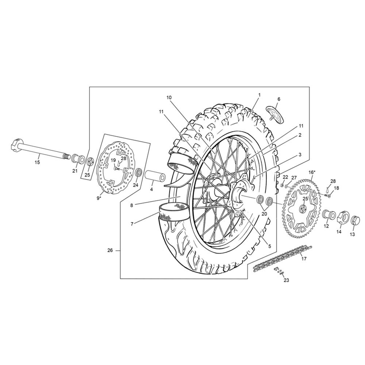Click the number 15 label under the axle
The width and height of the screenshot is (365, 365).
(x=37, y=162)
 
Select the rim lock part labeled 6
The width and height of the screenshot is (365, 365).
(x=275, y=115)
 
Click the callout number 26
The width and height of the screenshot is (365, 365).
(x=110, y=250)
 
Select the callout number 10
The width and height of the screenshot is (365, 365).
(x=169, y=97)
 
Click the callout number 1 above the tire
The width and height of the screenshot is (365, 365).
(x=259, y=95)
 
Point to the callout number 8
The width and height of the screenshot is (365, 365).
(x=131, y=205)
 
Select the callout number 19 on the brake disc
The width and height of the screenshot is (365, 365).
(x=113, y=160)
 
